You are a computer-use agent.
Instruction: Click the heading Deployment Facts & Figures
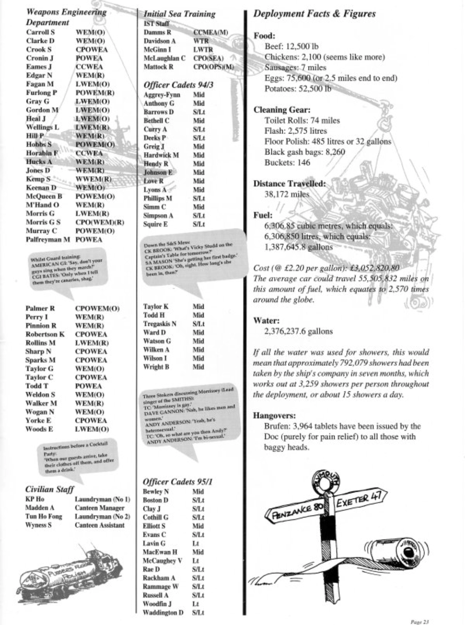314,13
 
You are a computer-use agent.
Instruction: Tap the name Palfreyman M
48,239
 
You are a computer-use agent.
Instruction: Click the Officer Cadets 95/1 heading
178,481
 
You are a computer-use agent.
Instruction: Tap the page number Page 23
419,622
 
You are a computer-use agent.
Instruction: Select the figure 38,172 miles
287,194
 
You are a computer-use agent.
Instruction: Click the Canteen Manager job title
99,508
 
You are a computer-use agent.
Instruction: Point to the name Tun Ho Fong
43,516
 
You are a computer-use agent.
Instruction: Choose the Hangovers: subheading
274,415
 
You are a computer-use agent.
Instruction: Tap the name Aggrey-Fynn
162,95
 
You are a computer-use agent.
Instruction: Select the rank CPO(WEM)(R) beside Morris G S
100,222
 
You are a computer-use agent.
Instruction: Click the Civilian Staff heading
49,489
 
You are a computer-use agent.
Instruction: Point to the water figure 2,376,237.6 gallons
298,331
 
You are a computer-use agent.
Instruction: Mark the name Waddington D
163,612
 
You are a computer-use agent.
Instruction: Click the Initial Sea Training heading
179,14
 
